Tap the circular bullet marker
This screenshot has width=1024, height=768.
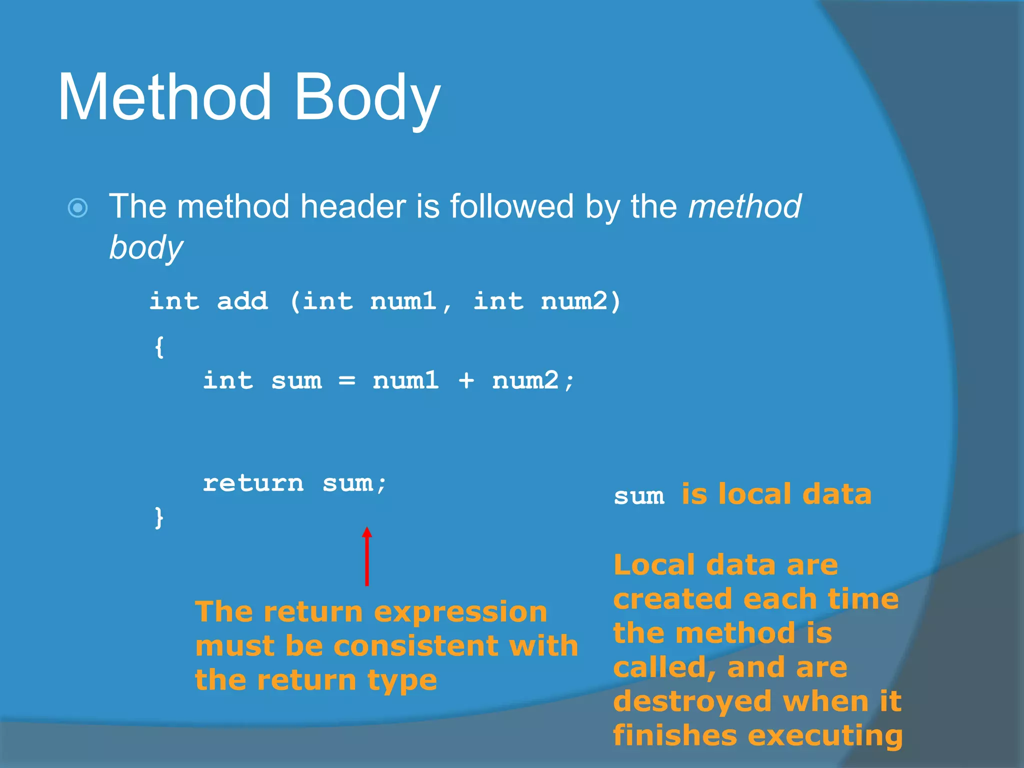(78, 207)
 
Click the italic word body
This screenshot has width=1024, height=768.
(146, 248)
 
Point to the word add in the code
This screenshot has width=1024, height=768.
(242, 301)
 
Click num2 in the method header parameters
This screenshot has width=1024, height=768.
(575, 301)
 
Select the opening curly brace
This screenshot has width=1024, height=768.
(159, 346)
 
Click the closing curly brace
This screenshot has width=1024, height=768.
(159, 517)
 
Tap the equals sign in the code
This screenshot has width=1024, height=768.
(347, 381)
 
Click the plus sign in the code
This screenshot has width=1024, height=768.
(466, 381)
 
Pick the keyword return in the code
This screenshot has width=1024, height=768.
(253, 483)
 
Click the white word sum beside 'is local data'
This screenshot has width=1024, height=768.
(639, 496)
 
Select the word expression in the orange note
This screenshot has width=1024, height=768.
(460, 612)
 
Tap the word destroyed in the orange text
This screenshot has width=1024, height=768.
(692, 701)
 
